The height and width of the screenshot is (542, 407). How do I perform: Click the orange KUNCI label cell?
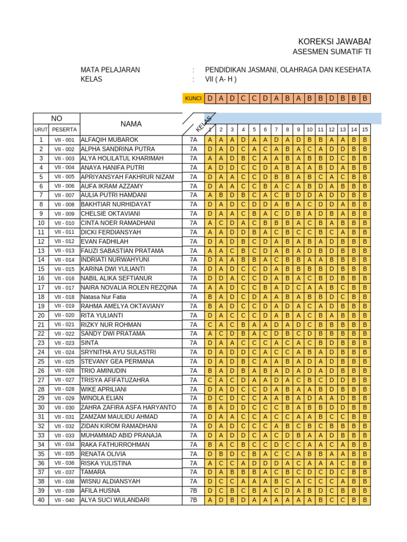[193, 98]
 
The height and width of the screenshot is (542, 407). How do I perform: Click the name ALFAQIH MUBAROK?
[109, 140]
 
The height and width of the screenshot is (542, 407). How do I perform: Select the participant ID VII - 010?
[64, 223]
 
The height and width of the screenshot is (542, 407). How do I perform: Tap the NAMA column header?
[131, 124]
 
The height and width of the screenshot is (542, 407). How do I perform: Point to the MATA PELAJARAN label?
[110, 70]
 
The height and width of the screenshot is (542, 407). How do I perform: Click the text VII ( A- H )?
[220, 79]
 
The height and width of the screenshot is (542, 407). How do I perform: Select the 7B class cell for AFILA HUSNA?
[193, 491]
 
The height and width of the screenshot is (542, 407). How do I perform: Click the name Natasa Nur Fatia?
[103, 297]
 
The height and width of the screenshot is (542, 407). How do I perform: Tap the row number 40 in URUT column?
[41, 500]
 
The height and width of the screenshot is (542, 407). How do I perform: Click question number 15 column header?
[365, 129]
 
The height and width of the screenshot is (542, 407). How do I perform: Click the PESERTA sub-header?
[64, 129]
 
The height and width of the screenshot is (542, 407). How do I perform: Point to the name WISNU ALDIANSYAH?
[111, 481]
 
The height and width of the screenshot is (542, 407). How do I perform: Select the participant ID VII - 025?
[64, 362]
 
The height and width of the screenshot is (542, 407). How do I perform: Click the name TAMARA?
[93, 472]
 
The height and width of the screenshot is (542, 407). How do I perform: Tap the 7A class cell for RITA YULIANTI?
[193, 315]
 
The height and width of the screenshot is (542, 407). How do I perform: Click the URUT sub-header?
[41, 129]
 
